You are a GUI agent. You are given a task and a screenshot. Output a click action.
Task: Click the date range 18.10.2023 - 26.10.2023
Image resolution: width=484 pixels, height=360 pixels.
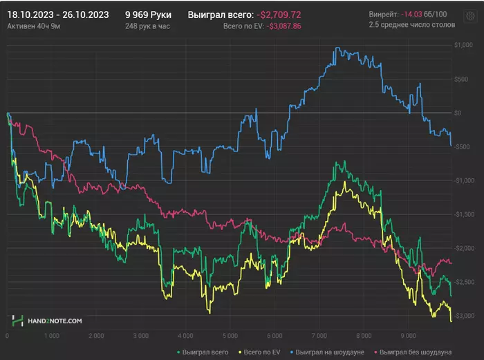tap(57, 14)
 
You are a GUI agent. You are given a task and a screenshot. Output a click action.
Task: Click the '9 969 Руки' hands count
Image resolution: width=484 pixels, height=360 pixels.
tap(148, 14)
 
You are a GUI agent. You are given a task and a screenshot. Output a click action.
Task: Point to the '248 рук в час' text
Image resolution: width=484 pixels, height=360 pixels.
tap(148, 26)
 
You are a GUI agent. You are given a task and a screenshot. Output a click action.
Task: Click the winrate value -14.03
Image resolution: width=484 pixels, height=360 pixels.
tap(416, 14)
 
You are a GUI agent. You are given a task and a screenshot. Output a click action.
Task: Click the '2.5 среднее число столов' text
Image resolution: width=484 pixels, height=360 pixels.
tap(412, 26)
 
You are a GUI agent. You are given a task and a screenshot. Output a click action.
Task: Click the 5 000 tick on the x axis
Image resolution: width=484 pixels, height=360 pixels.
tap(228, 335)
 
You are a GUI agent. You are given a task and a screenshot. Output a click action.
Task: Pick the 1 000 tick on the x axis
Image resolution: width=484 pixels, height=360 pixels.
tap(50, 335)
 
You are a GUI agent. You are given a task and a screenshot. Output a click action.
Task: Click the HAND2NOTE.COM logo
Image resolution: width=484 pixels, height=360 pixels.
tap(47, 321)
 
